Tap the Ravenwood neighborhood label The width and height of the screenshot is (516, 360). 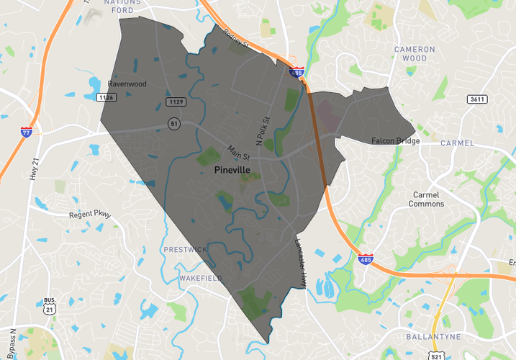click(x=127, y=84)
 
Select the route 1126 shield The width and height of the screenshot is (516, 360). click(x=107, y=97)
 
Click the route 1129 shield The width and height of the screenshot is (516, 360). click(x=176, y=102)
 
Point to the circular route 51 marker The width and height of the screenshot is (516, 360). click(x=173, y=123)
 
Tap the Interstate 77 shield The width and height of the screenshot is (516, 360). click(x=27, y=132)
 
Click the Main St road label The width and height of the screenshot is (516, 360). click(x=239, y=153)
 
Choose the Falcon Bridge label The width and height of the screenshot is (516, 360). click(x=396, y=141)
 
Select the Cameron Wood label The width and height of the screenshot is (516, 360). click(x=415, y=54)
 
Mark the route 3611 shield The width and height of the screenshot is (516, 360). click(x=475, y=99)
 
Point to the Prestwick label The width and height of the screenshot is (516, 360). click(x=186, y=249)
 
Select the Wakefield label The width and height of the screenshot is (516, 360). click(x=201, y=278)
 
